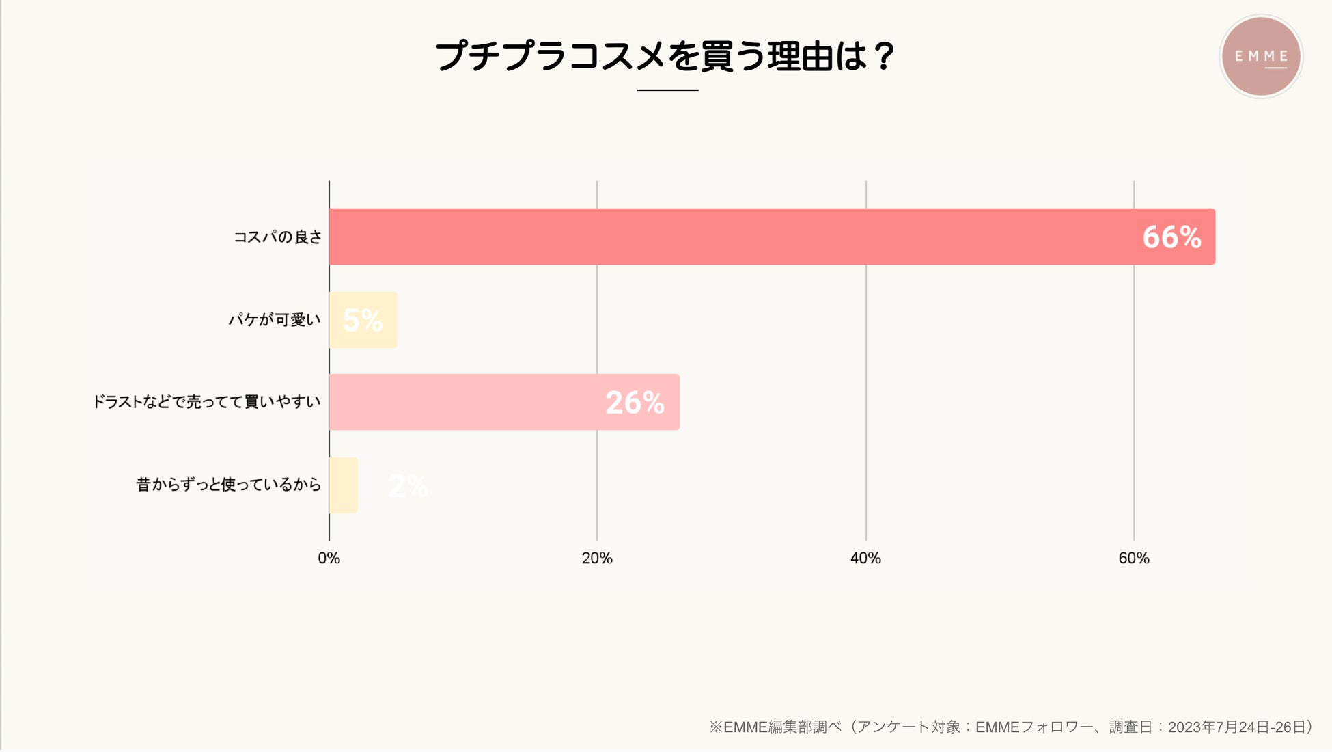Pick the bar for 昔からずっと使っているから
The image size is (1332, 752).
click(x=343, y=485)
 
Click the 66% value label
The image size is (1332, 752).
click(x=1171, y=237)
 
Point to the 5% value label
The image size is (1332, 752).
click(x=363, y=319)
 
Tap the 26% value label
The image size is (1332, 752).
click(x=635, y=403)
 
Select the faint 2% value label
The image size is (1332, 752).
click(x=408, y=486)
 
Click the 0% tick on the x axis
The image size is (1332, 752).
click(x=329, y=559)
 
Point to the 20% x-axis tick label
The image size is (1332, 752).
click(x=597, y=559)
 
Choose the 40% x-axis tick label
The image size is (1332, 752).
click(x=865, y=559)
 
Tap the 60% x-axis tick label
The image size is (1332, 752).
click(x=1134, y=559)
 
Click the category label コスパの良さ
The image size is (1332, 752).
click(x=277, y=237)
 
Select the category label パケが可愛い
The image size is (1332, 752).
click(x=275, y=320)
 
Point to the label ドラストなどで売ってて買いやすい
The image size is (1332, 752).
click(x=206, y=402)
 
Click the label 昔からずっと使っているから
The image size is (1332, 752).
click(x=228, y=485)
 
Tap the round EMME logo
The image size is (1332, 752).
click(x=1261, y=56)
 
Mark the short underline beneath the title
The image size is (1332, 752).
click(x=667, y=90)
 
